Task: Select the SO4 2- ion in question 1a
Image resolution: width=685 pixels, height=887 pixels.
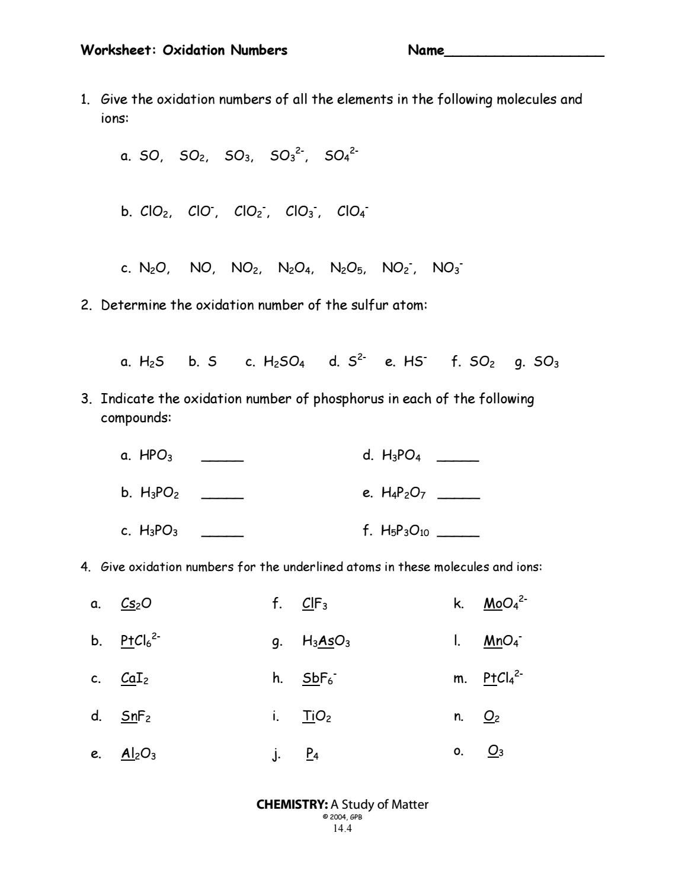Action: pyautogui.click(x=341, y=155)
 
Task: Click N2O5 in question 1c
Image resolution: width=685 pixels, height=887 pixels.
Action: pyautogui.click(x=347, y=268)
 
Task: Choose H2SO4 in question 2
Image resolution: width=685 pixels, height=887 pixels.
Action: pyautogui.click(x=284, y=362)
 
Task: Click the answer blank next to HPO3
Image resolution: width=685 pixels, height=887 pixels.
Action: pyautogui.click(x=222, y=458)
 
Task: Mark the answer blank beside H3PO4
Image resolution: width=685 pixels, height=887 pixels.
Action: pyautogui.click(x=457, y=458)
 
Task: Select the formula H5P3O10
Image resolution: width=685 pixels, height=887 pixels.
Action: pyautogui.click(x=405, y=531)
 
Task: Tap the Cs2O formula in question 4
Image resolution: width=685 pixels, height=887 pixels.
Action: pyautogui.click(x=136, y=604)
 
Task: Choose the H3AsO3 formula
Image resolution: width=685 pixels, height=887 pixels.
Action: pyautogui.click(x=326, y=642)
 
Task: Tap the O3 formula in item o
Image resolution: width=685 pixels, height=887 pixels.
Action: pyautogui.click(x=495, y=752)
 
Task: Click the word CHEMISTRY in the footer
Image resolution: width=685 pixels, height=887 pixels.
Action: pyautogui.click(x=292, y=805)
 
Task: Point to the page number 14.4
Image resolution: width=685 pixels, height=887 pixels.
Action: pyautogui.click(x=342, y=828)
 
